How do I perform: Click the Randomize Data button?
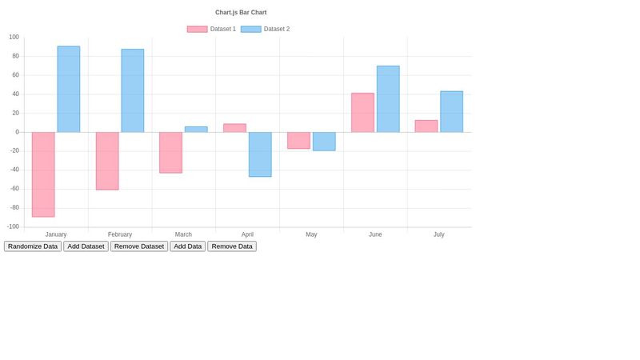click(x=33, y=246)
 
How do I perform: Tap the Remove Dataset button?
click(x=139, y=246)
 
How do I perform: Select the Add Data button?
click(x=187, y=246)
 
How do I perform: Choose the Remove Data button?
click(x=232, y=246)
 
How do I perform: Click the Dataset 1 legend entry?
click(x=212, y=29)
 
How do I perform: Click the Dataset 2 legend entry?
click(x=266, y=29)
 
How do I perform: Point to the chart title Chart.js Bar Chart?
click(x=241, y=12)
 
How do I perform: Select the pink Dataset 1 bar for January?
click(x=43, y=174)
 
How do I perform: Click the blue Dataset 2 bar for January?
click(x=69, y=89)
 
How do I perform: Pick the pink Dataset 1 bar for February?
click(x=107, y=161)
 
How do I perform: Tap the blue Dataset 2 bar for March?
click(x=196, y=129)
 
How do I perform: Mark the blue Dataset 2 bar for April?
click(x=260, y=154)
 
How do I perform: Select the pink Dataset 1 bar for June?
click(x=362, y=113)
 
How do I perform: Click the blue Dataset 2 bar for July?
click(x=451, y=111)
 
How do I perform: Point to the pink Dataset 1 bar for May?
click(x=298, y=140)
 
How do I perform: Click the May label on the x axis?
click(x=311, y=234)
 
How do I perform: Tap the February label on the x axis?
click(x=120, y=234)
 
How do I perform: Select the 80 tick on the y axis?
click(x=14, y=56)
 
